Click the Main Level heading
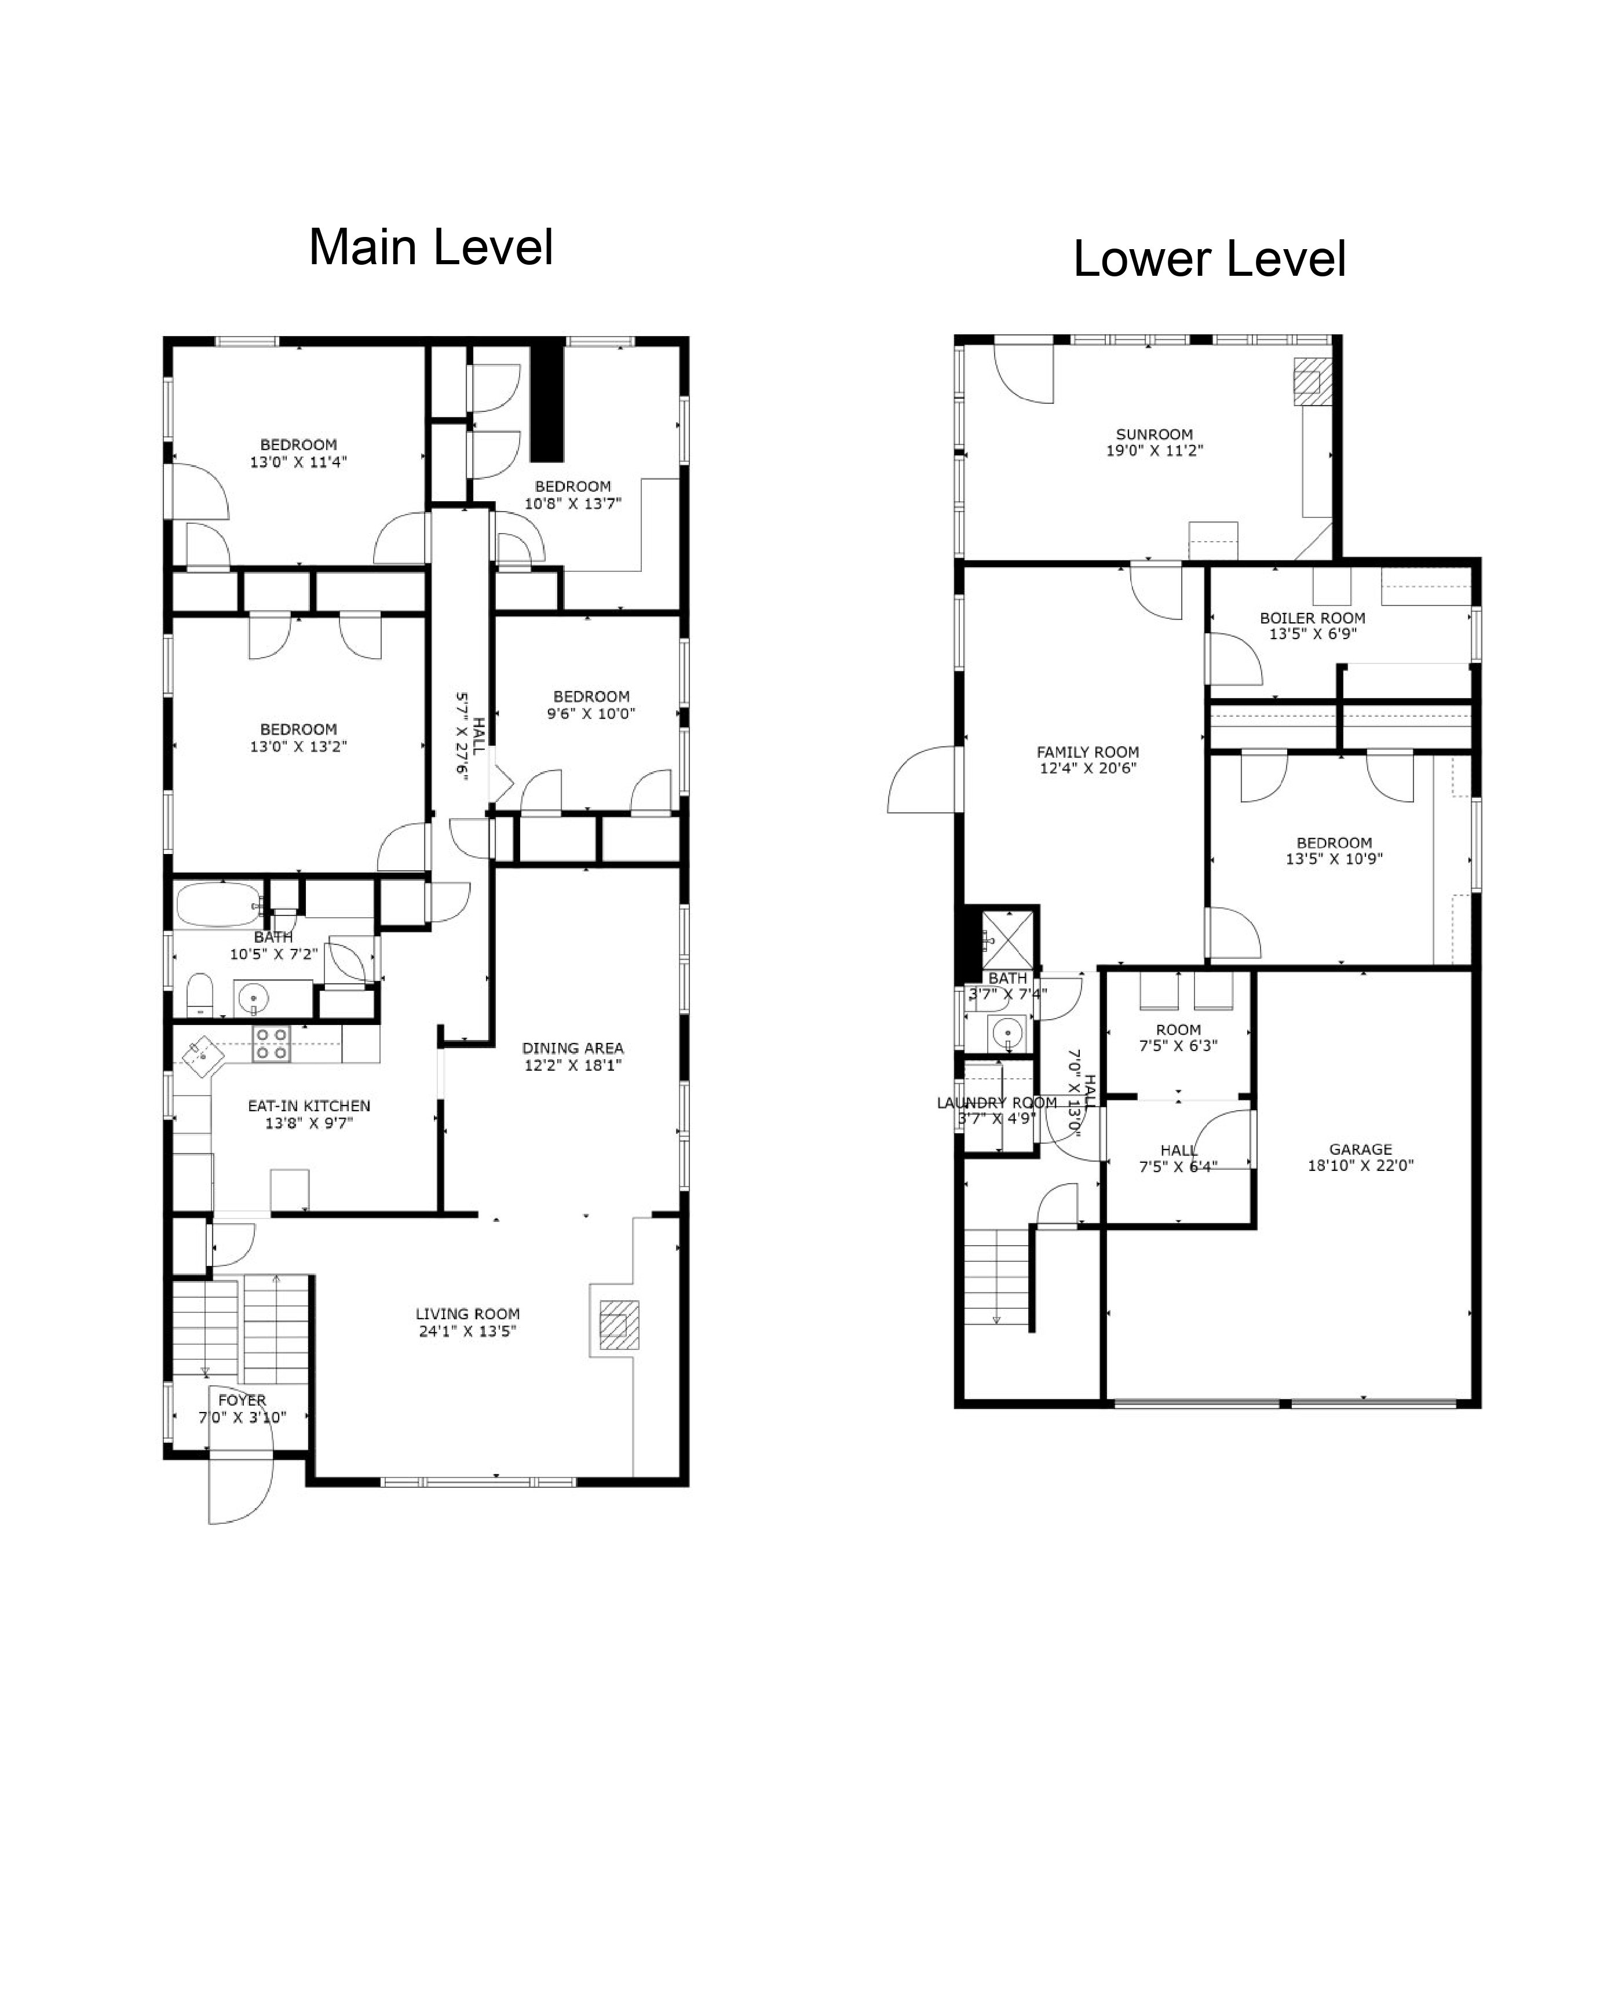click(x=431, y=247)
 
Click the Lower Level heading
click(x=1209, y=259)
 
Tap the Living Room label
click(x=467, y=1313)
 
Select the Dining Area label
click(x=573, y=1048)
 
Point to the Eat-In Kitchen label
click(x=309, y=1105)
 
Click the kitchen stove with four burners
click(x=271, y=1043)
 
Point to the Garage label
click(x=1360, y=1150)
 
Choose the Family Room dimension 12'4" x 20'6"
click(x=1087, y=768)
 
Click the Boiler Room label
click(x=1313, y=618)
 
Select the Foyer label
click(x=242, y=1400)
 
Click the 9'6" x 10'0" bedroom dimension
click(x=591, y=713)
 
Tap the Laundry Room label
click(x=997, y=1103)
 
